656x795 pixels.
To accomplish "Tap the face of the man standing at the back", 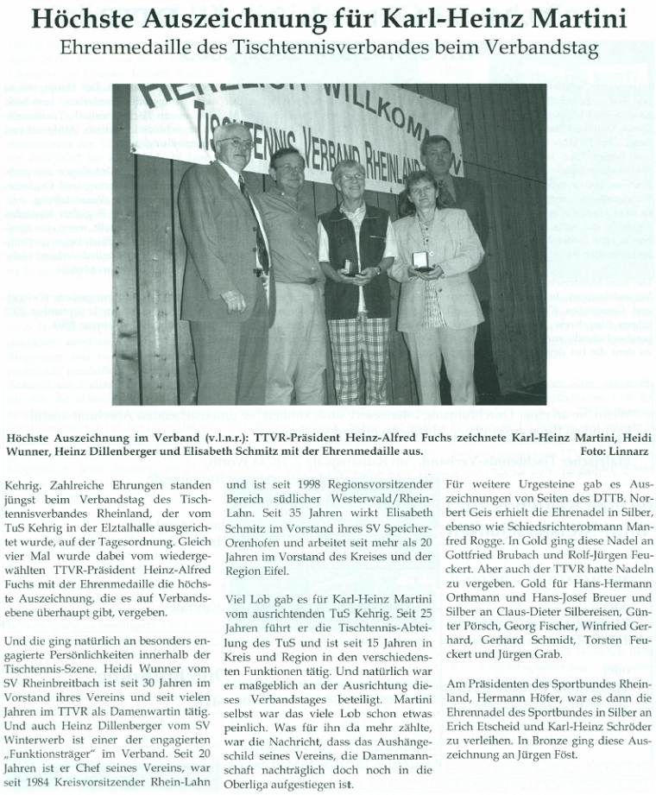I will coord(437,156).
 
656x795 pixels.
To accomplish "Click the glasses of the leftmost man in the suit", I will coord(236,143).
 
